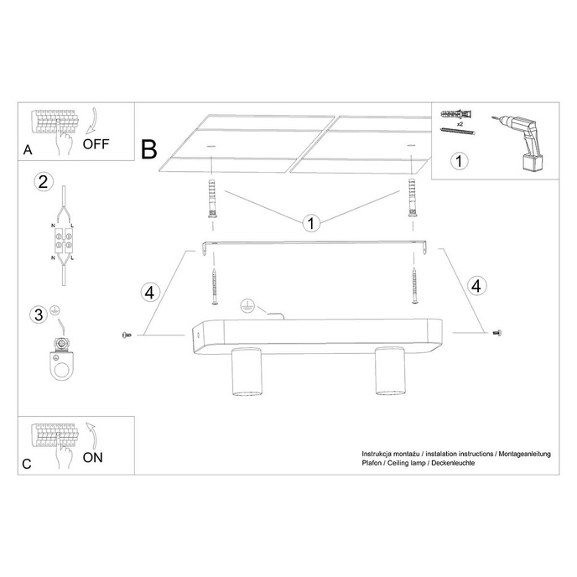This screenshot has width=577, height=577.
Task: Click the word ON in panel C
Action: (93, 457)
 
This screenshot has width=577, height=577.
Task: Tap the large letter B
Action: (149, 150)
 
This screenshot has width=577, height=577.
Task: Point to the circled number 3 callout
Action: (38, 315)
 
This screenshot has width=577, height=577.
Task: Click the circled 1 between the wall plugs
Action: (311, 223)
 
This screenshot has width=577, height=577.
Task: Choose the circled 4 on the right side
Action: (476, 284)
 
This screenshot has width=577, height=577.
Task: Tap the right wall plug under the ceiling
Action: (413, 198)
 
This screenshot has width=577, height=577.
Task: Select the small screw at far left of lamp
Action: (127, 335)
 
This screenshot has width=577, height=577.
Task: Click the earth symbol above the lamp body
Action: (247, 306)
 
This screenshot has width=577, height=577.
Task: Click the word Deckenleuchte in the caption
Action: (453, 463)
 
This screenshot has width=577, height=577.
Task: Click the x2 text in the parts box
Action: (460, 122)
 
